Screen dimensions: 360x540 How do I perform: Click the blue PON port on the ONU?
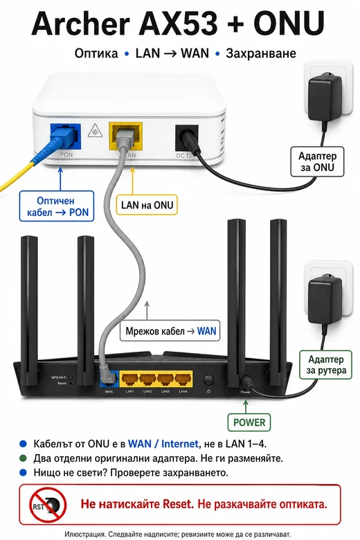pos(66,136)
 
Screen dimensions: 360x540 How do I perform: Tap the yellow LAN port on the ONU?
pos(126,136)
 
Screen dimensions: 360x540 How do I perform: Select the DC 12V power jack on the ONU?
pos(186,138)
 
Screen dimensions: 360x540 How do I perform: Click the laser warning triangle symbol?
pos(95,131)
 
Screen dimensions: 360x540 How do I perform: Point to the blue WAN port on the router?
pos(109,379)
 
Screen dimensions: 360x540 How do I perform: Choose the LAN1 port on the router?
pos(130,379)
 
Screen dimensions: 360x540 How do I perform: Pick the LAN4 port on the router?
pos(183,379)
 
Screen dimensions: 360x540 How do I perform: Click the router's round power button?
pos(209,380)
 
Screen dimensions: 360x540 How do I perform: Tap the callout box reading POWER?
pos(249,422)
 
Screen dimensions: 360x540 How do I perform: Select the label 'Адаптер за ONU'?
pos(317,161)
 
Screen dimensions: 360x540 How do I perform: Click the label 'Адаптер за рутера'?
pos(325,365)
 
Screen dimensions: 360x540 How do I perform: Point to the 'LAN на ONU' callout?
pos(147,205)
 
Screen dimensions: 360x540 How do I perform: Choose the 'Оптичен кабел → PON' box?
pos(57,206)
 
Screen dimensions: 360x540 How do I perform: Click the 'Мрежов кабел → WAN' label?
pos(170,332)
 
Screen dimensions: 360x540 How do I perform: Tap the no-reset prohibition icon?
pos(48,505)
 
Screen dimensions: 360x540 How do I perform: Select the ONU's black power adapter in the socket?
pos(325,98)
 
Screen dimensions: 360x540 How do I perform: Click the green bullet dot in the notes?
pos(23,458)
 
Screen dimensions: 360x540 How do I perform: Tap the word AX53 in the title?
pos(178,24)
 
